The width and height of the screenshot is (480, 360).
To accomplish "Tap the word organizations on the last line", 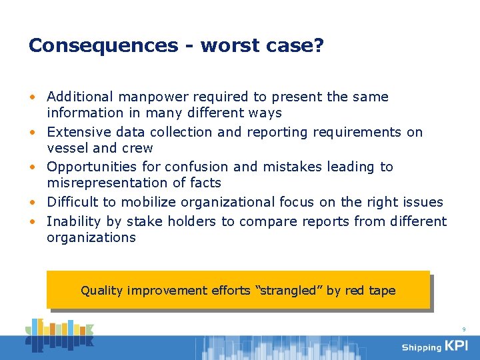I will click(91, 237).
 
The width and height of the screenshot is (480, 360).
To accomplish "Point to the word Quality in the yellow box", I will click(101, 291).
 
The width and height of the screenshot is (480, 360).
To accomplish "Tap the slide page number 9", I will click(463, 329).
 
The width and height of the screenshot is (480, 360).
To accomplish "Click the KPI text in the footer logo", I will click(457, 346).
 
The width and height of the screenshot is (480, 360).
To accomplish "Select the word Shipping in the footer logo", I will click(421, 347).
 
